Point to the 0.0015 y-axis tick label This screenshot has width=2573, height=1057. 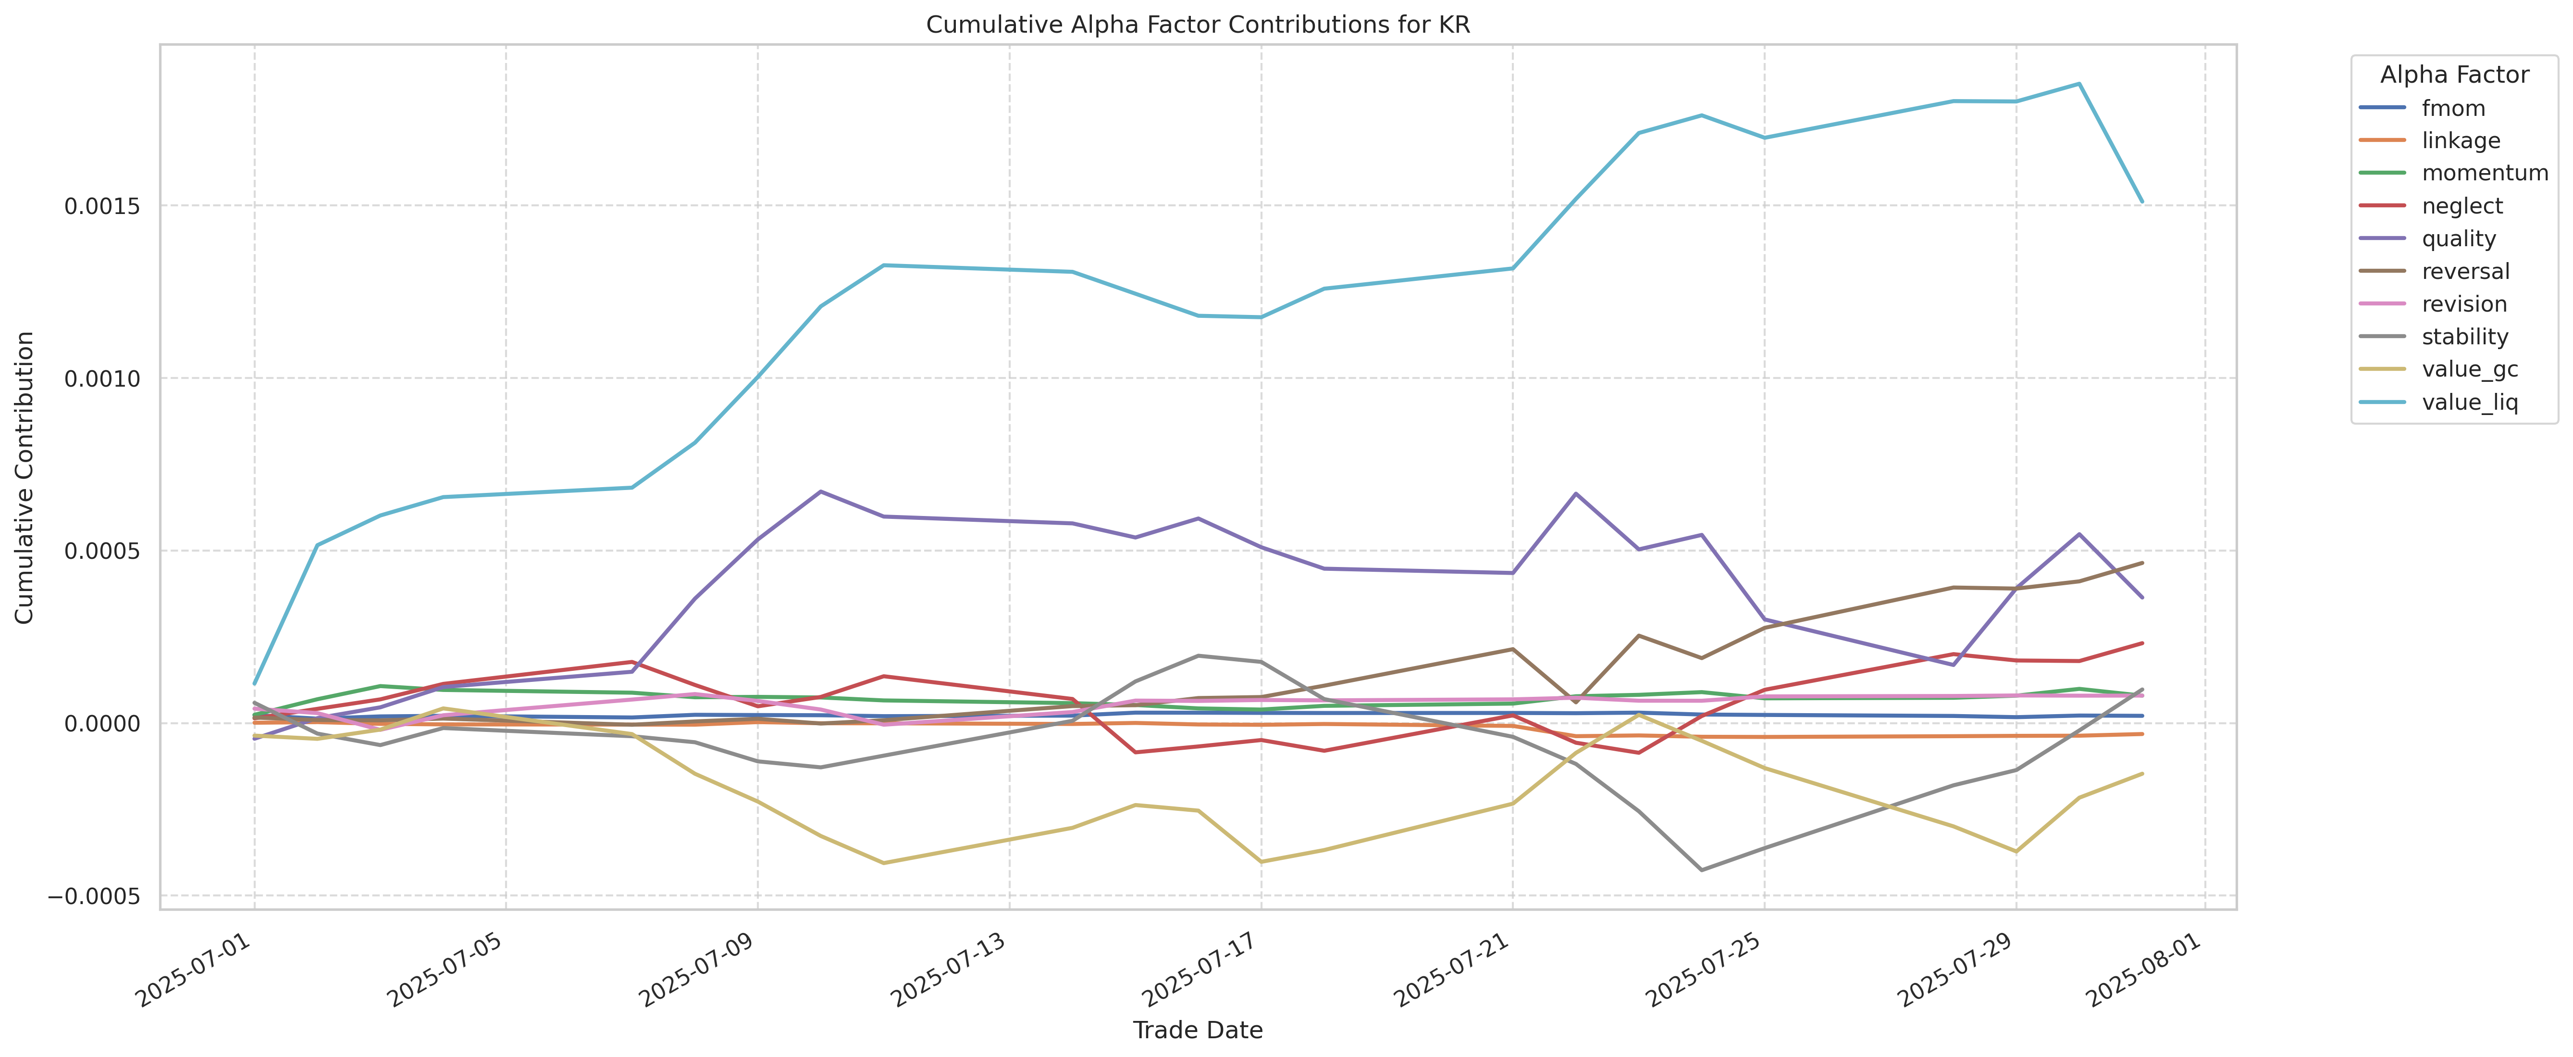point(103,206)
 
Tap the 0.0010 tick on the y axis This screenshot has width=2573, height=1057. point(103,378)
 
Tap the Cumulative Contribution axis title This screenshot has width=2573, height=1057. point(25,478)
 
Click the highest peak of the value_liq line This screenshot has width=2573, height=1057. point(2078,84)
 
